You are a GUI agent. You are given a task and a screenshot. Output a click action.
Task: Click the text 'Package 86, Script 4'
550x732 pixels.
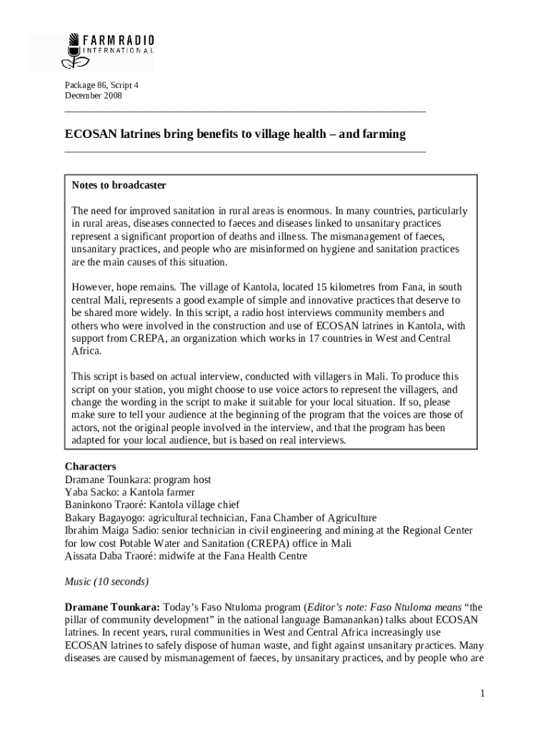101,85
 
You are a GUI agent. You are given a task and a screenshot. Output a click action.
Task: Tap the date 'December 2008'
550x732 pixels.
94,96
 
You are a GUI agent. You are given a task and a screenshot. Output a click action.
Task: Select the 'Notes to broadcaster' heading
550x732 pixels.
119,185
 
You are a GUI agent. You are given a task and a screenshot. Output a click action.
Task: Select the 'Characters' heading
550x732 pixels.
91,466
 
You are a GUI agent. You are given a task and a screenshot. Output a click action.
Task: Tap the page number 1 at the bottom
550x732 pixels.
483,693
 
